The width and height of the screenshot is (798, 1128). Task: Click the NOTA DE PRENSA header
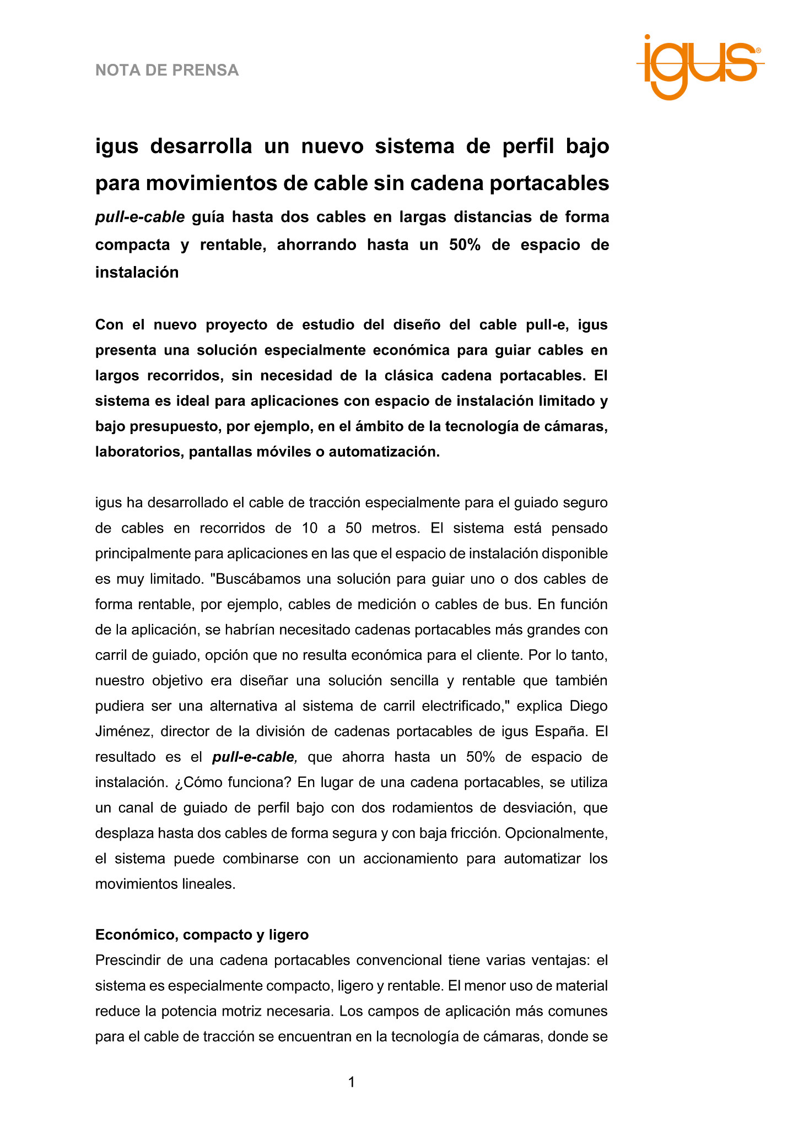[167, 70]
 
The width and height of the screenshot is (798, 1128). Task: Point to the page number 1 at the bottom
[352, 1082]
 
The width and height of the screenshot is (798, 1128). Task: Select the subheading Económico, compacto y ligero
[202, 935]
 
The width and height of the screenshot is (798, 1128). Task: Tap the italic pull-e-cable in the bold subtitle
[139, 217]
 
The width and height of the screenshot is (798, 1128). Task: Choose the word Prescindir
[131, 960]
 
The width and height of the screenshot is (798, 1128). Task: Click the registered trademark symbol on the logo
[758, 50]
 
